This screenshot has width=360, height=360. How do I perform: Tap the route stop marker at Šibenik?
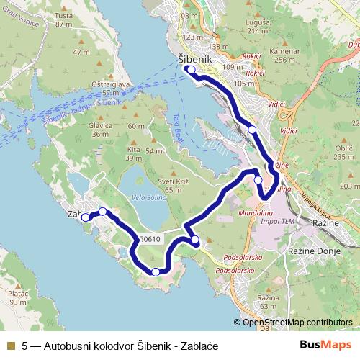pyautogui.click(x=190, y=70)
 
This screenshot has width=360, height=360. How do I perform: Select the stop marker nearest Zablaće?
pyautogui.click(x=85, y=217)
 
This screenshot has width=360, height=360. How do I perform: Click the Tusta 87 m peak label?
pyautogui.click(x=64, y=20)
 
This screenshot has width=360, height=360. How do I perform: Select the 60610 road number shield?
pyautogui.click(x=148, y=240)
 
